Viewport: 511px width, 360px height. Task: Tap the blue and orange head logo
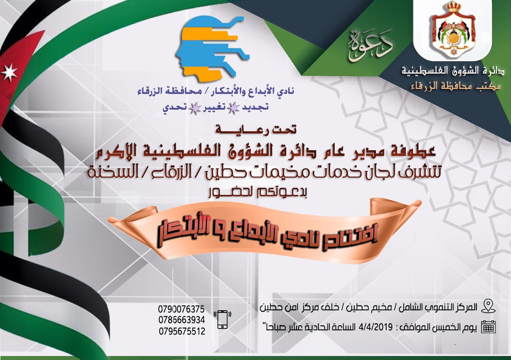coord(212,49)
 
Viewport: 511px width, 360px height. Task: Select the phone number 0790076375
coord(181,309)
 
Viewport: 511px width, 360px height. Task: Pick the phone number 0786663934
coord(182,320)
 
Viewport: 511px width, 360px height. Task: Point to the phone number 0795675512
coord(182,331)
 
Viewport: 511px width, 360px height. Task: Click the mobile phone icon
coord(222,320)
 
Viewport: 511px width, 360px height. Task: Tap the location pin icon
coord(488,306)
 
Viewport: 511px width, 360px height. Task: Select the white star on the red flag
coord(9,71)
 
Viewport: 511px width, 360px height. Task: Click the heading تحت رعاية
coord(255,130)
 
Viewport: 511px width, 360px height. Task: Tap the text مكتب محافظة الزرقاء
coord(455,87)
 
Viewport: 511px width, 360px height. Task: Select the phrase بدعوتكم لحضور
coord(257,193)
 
